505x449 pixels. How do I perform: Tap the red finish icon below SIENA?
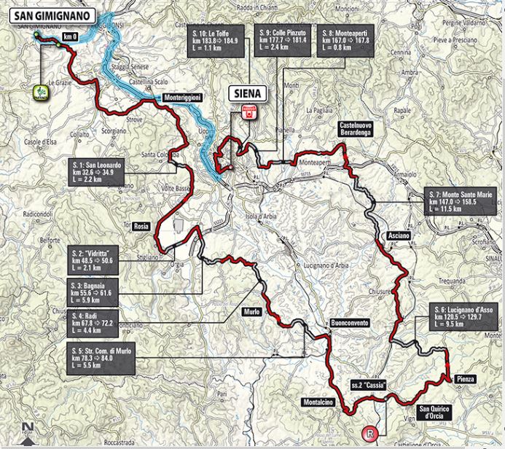pos(248,112)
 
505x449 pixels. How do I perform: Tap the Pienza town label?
pos(466,378)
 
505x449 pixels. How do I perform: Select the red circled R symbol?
pos(372,434)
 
